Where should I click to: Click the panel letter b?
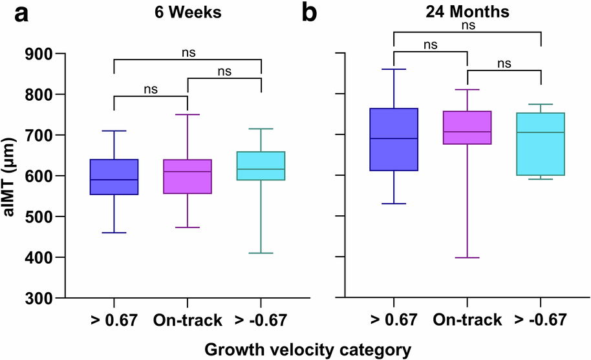point(310,13)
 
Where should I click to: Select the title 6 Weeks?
point(188,13)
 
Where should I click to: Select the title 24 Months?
point(467,13)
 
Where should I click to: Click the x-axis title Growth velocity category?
point(308,350)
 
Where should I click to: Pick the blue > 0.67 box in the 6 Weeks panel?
point(114,176)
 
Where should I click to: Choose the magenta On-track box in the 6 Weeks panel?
point(187,176)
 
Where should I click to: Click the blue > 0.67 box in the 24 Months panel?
point(394,139)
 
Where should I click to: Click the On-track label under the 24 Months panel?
point(467,320)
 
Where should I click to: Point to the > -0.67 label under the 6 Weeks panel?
point(261,320)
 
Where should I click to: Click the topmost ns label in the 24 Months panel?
point(466,26)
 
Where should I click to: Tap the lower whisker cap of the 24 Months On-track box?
point(467,258)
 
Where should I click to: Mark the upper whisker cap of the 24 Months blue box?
point(394,69)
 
